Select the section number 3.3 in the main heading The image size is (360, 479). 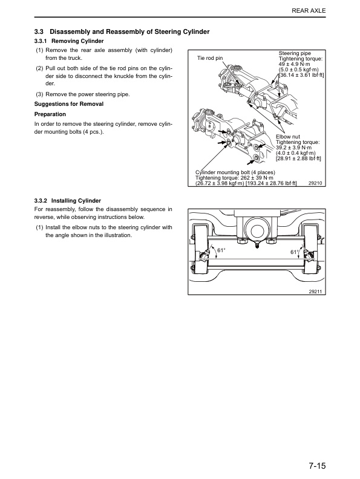coord(39,31)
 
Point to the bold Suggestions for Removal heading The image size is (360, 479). coord(69,104)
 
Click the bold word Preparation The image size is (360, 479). coord(51,114)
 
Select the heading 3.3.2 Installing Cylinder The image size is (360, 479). coord(67,200)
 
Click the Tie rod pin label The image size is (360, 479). coord(211,59)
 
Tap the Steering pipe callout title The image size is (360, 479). coord(295,54)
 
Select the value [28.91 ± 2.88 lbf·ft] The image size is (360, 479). coord(298,158)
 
